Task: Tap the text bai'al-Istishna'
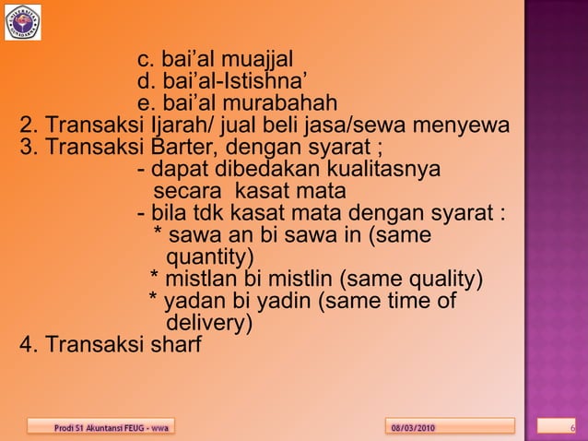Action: pos(229,82)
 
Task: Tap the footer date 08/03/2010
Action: pos(414,427)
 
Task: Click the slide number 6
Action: pos(572,427)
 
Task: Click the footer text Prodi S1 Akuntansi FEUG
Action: pos(100,427)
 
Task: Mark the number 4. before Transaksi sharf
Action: pos(29,346)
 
